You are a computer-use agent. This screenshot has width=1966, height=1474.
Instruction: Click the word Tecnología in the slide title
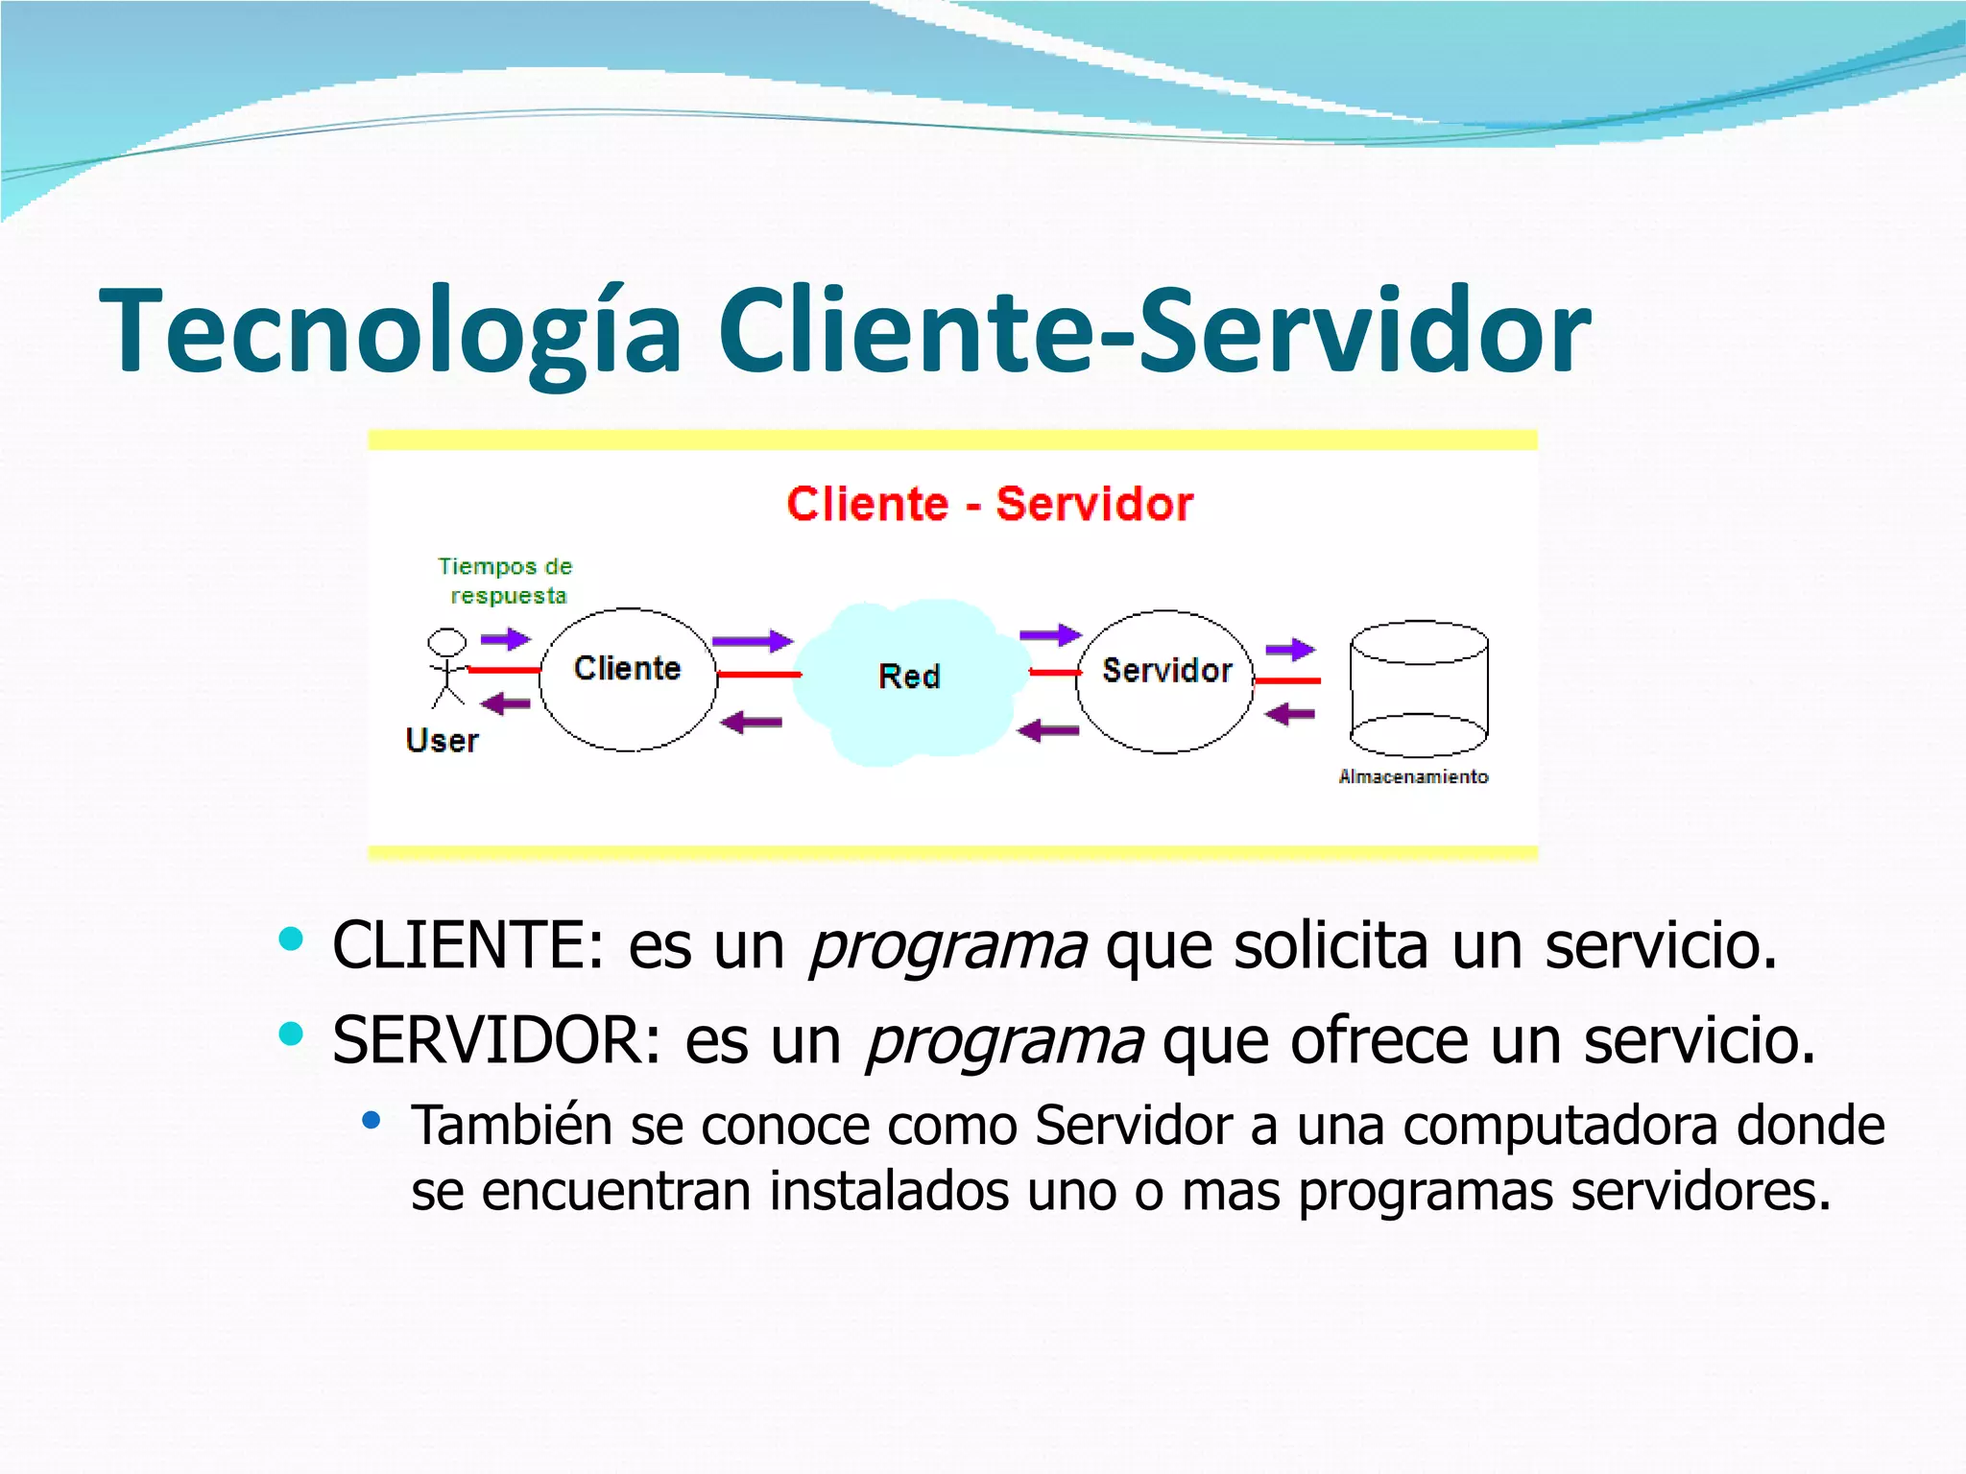(x=390, y=331)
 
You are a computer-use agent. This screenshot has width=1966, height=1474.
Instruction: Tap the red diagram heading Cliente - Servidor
(x=989, y=504)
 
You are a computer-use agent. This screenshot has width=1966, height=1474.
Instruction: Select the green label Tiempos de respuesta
(x=506, y=581)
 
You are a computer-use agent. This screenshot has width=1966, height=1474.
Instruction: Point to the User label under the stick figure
(x=442, y=741)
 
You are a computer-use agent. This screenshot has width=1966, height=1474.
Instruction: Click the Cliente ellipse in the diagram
(x=628, y=680)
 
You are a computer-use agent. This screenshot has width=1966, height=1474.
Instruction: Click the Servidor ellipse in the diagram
(x=1165, y=681)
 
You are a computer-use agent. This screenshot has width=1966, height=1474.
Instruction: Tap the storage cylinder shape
(x=1418, y=689)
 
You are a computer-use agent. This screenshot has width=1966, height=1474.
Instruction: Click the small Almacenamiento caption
(x=1413, y=776)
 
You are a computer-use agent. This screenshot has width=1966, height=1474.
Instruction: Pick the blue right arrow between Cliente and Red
(x=753, y=641)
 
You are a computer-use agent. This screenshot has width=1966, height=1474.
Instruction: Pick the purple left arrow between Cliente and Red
(x=751, y=722)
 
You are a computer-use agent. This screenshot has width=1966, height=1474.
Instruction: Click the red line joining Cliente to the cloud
(x=758, y=675)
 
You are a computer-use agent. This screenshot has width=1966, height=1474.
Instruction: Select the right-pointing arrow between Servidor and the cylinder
(x=1290, y=650)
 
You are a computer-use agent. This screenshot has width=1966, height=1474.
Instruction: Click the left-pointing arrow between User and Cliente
(x=505, y=705)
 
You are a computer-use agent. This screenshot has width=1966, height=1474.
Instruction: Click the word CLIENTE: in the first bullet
(x=468, y=945)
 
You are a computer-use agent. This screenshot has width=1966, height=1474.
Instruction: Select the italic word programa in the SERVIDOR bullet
(x=1004, y=1040)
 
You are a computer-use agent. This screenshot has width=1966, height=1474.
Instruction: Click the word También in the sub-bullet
(x=511, y=1125)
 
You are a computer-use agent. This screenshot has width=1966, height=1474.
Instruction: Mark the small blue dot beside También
(x=372, y=1120)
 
